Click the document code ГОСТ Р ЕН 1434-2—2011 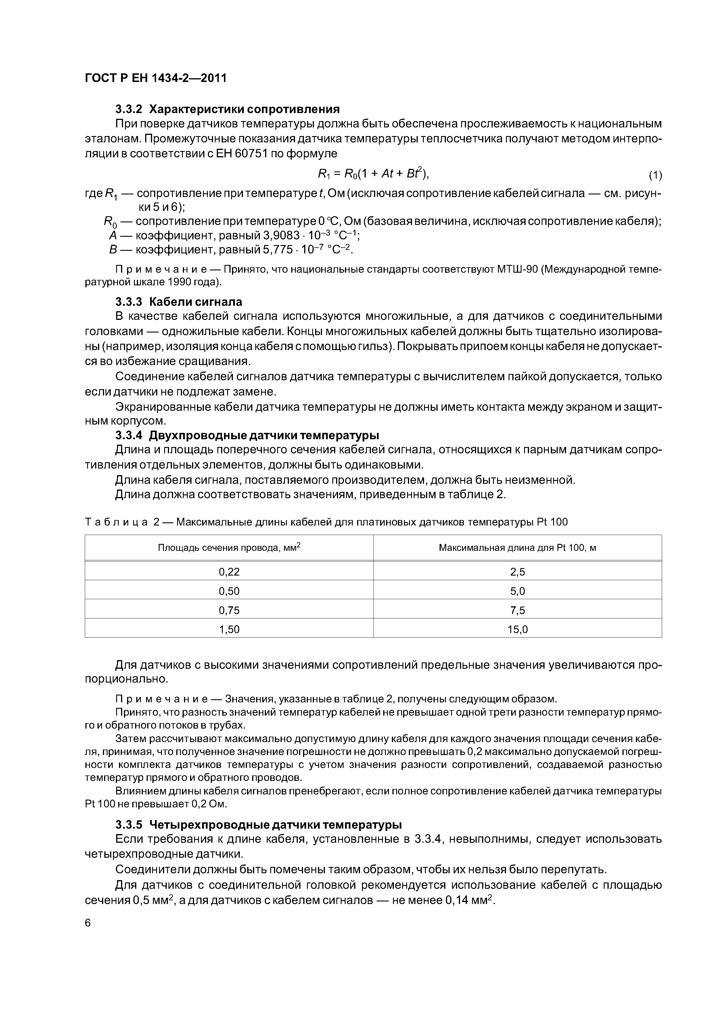pyautogui.click(x=156, y=78)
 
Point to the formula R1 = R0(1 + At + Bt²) pyautogui.click(x=373, y=174)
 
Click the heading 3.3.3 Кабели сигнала pyautogui.click(x=178, y=301)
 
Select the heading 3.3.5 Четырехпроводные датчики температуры pyautogui.click(x=258, y=824)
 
